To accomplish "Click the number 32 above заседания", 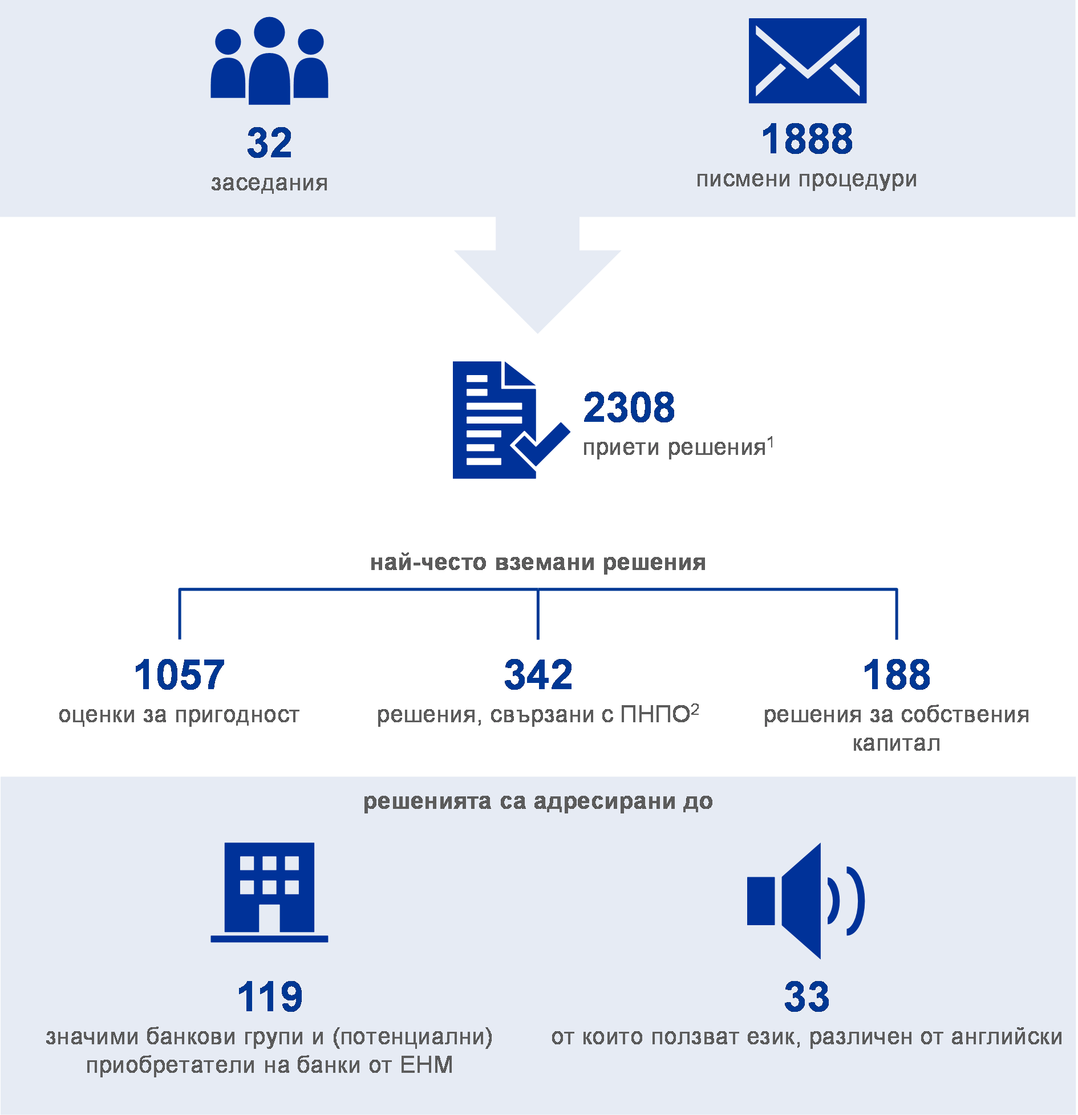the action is pyautogui.click(x=269, y=143).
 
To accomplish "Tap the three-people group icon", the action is pyautogui.click(x=269, y=61).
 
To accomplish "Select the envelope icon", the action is pyautogui.click(x=808, y=61).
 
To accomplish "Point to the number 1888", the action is pyautogui.click(x=807, y=139).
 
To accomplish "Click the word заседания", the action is pyautogui.click(x=269, y=183).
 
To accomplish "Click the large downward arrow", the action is pyautogui.click(x=538, y=275).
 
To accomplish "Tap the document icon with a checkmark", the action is pyautogui.click(x=512, y=420).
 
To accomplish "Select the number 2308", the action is pyautogui.click(x=629, y=408).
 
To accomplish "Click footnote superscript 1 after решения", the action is pyautogui.click(x=771, y=442).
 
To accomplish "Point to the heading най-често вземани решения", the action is pyautogui.click(x=538, y=563).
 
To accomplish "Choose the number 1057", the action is pyautogui.click(x=179, y=675).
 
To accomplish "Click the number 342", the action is pyautogui.click(x=538, y=675).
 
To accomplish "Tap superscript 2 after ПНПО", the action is pyautogui.click(x=695, y=710).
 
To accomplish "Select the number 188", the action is pyautogui.click(x=896, y=675).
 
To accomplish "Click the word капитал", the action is pyautogui.click(x=896, y=743).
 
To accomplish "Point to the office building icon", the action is pyautogui.click(x=269, y=892).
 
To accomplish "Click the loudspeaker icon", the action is pyautogui.click(x=806, y=901).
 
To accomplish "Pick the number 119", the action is pyautogui.click(x=269, y=997).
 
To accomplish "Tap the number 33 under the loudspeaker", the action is pyautogui.click(x=807, y=997).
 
